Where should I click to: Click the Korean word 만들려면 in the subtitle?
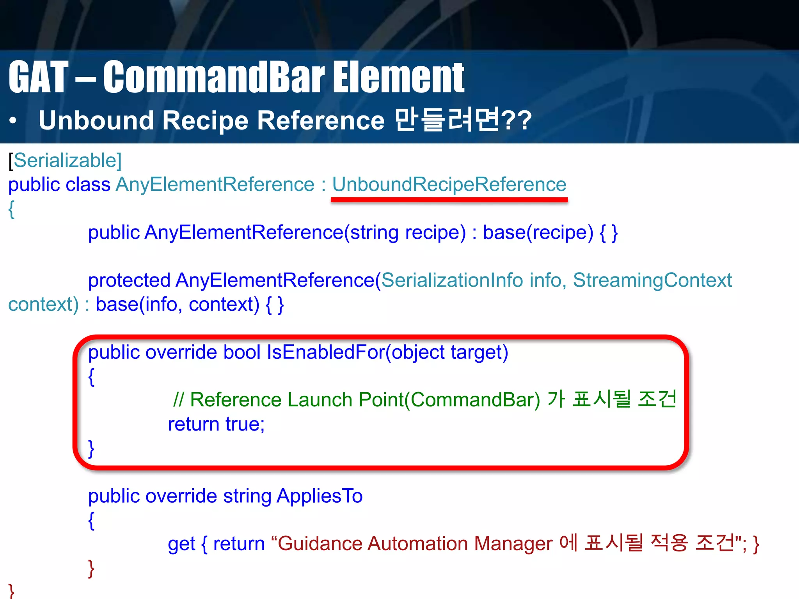point(446,120)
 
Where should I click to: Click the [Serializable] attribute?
point(65,160)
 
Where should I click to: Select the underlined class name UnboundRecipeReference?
point(449,184)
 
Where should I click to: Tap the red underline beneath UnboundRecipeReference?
point(449,200)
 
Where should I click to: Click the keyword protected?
point(129,280)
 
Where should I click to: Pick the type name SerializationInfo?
point(452,280)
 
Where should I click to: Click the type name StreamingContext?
point(652,280)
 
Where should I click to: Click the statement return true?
point(216,424)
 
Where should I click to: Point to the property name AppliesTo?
point(320,496)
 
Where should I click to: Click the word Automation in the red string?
point(417,544)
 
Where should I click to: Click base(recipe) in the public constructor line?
point(538,232)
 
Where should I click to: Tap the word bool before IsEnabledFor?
point(241,352)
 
